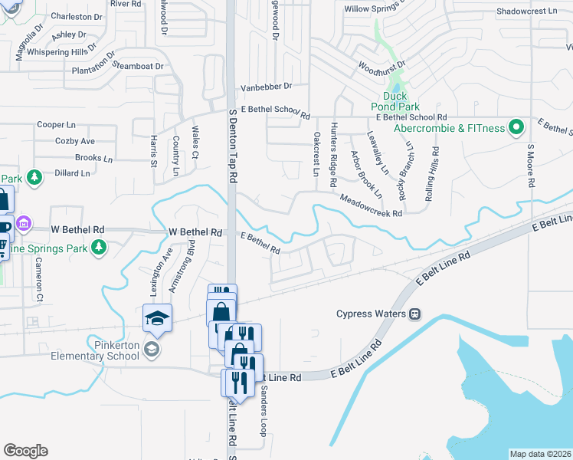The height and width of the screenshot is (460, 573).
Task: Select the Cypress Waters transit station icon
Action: point(414,314)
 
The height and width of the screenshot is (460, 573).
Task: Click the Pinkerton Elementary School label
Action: point(93,350)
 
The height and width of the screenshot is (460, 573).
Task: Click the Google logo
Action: point(25,451)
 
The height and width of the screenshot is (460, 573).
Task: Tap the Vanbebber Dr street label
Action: point(267,87)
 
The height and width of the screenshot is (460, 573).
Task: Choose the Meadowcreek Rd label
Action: point(372,205)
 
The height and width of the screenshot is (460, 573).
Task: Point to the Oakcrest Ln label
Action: point(316,154)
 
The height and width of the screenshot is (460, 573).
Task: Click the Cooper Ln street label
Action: point(57,125)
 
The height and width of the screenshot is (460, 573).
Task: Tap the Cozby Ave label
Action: point(75,141)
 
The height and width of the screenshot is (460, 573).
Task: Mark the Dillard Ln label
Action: point(73,173)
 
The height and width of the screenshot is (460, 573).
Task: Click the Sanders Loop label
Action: point(262,410)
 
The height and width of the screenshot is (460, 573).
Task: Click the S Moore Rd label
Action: point(529,165)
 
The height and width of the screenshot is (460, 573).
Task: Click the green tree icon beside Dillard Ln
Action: point(34,178)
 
